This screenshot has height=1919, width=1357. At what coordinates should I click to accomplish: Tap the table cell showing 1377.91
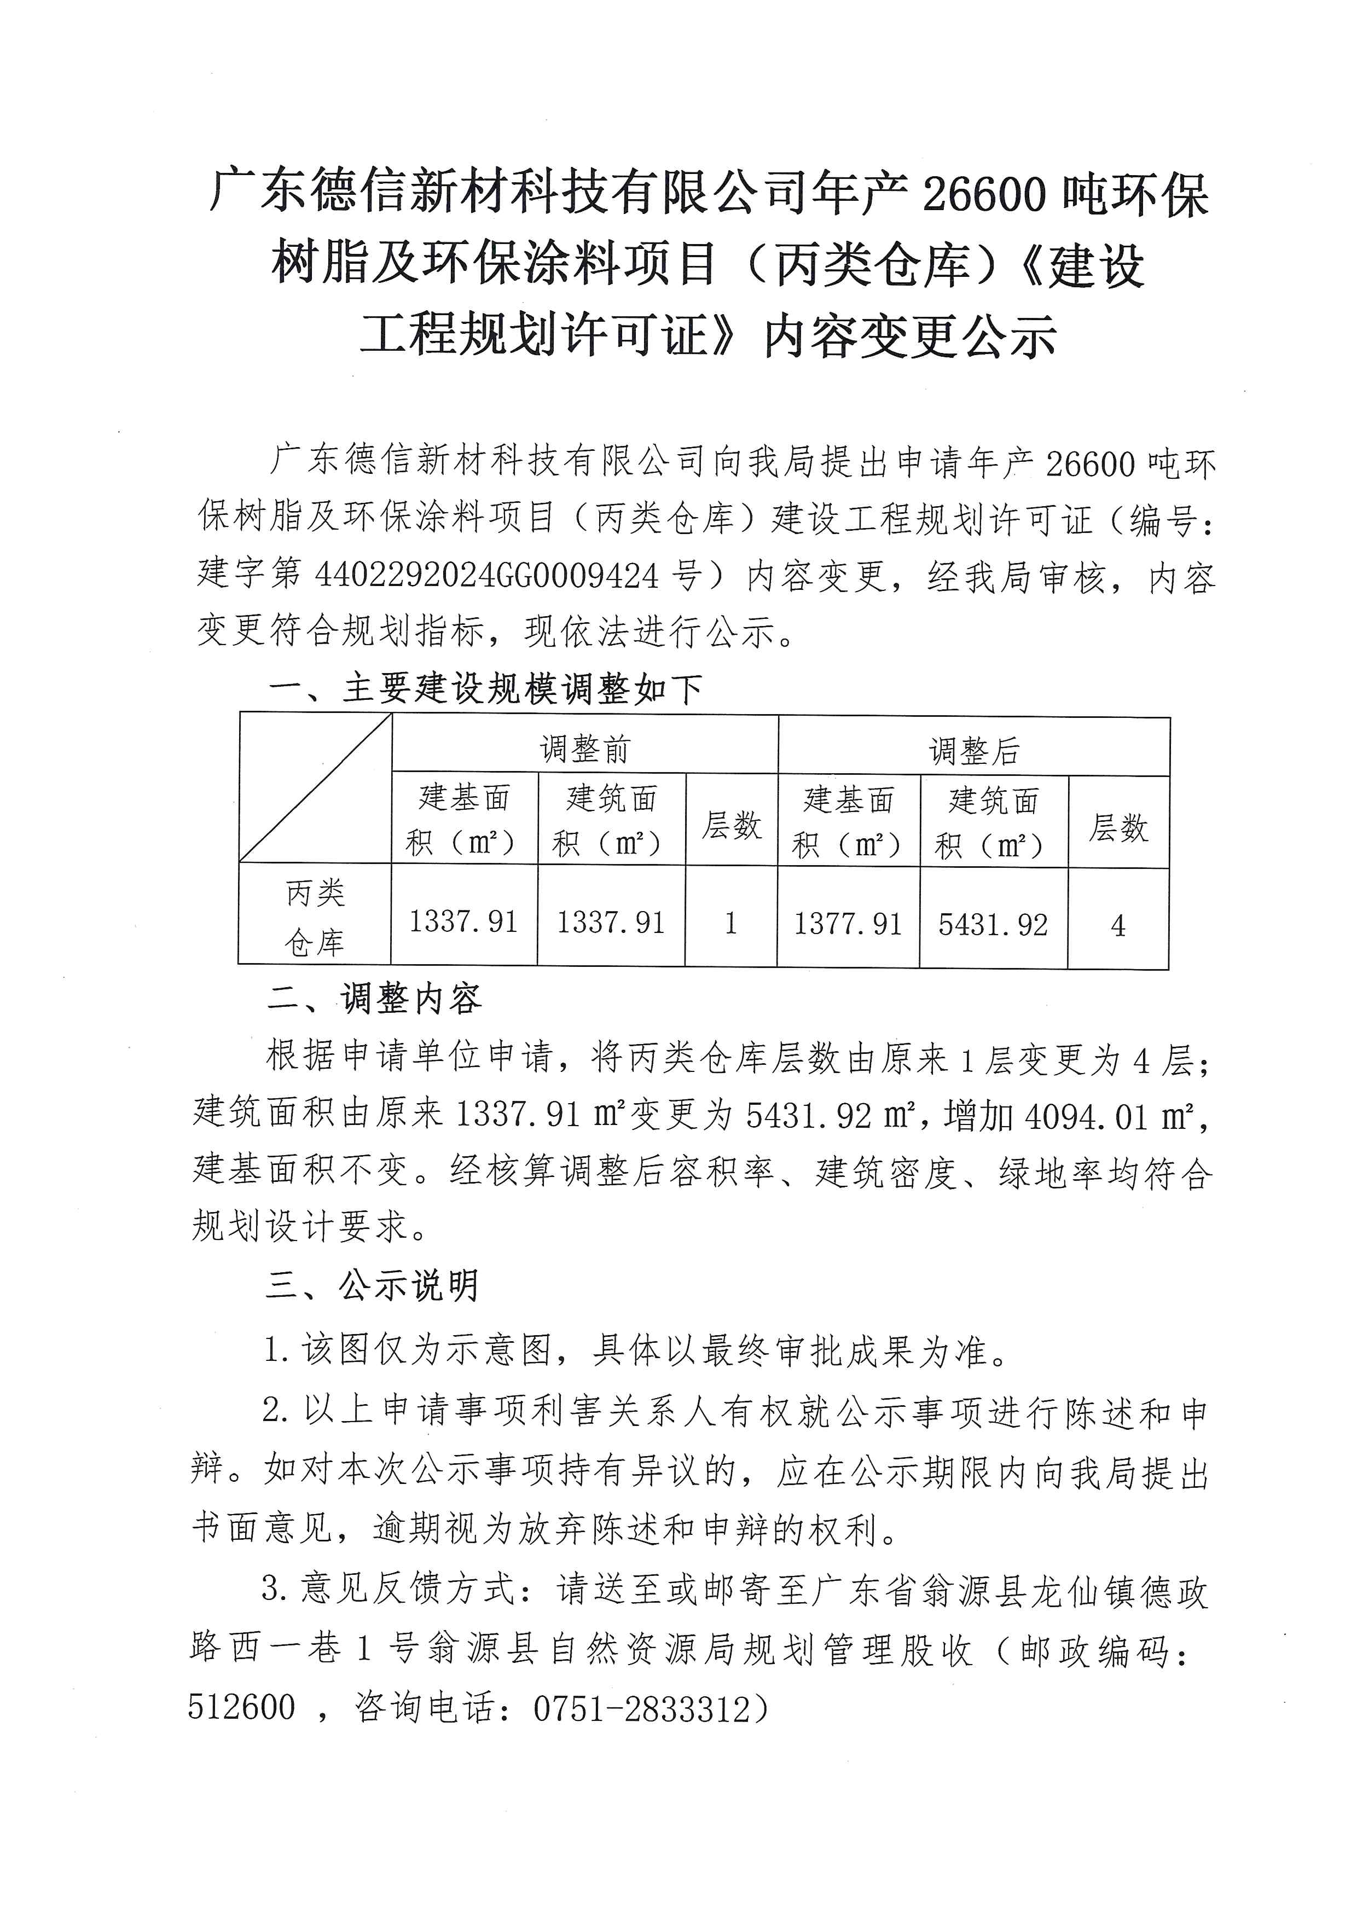848,924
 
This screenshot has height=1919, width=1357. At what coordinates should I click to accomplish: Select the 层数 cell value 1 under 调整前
731,923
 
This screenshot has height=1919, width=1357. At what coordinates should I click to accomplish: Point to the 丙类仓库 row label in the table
315,918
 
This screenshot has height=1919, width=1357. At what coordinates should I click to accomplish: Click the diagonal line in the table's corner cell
316,788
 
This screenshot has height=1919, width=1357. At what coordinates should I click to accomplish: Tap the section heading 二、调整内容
374,999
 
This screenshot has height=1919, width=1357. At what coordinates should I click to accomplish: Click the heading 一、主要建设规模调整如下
485,689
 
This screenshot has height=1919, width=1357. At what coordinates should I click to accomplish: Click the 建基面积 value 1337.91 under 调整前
464,922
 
